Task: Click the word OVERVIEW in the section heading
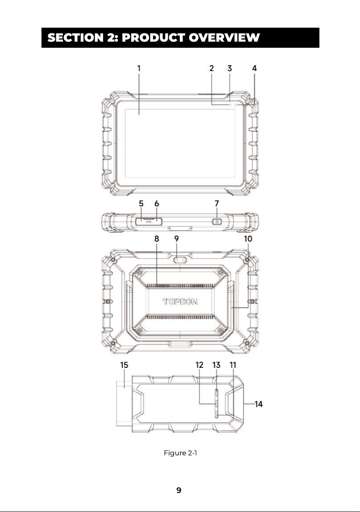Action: (x=224, y=37)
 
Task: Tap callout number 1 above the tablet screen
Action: (x=139, y=68)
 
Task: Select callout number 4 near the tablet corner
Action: (x=254, y=68)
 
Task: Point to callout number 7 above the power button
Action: (x=217, y=204)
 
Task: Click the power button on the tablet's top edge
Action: (x=217, y=222)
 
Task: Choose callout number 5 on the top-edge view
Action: (x=141, y=204)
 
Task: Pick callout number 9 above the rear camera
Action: (x=177, y=239)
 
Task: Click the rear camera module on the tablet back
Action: (x=180, y=260)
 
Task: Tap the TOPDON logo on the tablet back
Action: (x=180, y=301)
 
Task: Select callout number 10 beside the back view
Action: (x=248, y=239)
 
